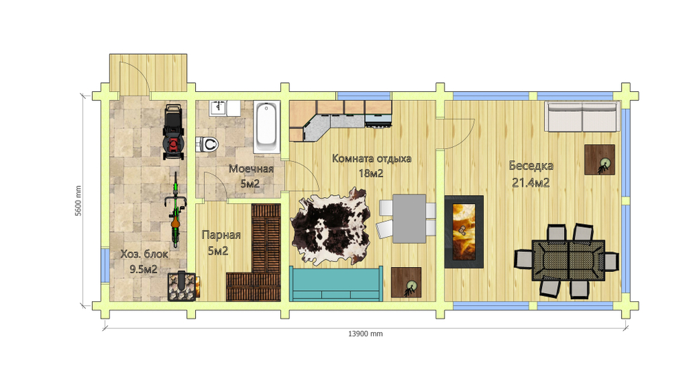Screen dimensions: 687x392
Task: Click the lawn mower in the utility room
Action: point(173,131)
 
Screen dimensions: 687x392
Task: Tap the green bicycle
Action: point(175,209)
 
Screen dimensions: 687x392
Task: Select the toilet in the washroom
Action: point(207,143)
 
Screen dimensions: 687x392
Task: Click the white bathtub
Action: point(267,127)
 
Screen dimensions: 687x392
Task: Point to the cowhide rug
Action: point(330,226)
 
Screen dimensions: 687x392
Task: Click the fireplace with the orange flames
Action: point(464,231)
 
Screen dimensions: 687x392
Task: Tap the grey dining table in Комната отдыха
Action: point(409,218)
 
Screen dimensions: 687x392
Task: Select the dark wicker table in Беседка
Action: point(568,260)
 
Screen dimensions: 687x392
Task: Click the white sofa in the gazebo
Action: point(583,117)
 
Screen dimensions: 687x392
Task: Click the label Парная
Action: point(221,235)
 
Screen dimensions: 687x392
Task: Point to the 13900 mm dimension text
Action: point(365,334)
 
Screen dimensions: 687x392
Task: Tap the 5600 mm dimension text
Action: point(78,200)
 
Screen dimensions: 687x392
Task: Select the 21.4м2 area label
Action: point(530,183)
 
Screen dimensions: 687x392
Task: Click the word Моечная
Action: point(251,169)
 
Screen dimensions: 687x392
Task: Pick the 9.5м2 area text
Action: point(144,269)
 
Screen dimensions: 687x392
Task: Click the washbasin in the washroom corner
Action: point(218,108)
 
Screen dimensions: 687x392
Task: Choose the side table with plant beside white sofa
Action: point(600,160)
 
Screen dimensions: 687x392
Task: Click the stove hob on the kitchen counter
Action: point(378,120)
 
